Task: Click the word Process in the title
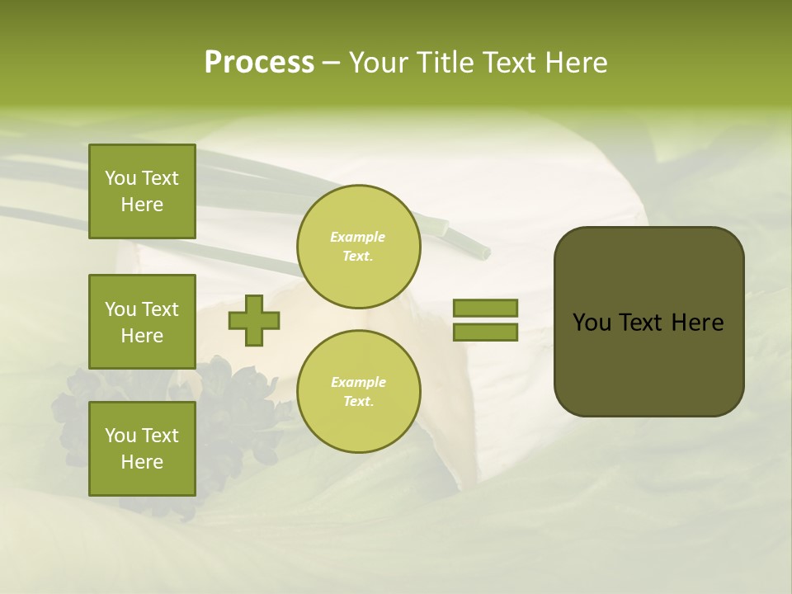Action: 259,63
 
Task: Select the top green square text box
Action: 142,191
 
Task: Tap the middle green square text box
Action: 142,322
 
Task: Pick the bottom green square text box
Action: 142,449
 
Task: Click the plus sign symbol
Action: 254,320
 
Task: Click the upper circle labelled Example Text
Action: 358,247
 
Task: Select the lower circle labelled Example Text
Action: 358,392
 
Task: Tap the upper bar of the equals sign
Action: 485,308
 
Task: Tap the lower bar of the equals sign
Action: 485,332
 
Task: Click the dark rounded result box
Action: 648,322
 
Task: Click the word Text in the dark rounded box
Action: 640,323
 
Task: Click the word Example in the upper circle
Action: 358,237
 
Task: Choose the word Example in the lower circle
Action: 358,382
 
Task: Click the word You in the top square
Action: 120,178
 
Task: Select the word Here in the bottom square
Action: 142,462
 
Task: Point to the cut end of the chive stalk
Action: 481,250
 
